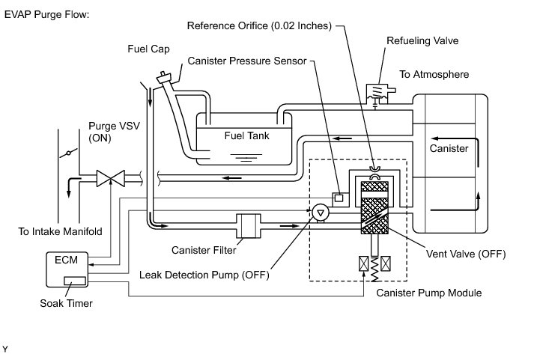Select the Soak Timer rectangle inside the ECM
pos(76,281)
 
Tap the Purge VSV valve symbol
pos(111,180)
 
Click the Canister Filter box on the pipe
pos(246,225)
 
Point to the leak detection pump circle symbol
pos(320,213)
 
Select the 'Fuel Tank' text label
pos(246,136)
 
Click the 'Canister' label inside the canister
pos(449,148)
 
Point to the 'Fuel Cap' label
pos(148,49)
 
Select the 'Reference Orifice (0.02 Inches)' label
pos(258,25)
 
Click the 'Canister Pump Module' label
pos(428,292)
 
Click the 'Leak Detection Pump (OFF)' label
pos(204,273)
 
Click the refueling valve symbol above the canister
pos(377,94)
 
